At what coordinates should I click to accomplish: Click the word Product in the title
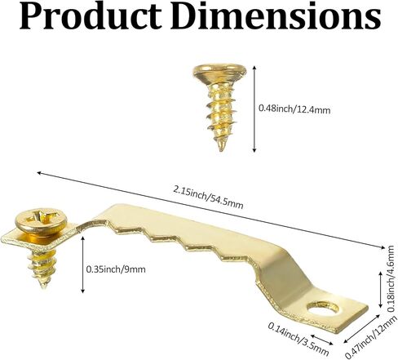[x=91, y=16]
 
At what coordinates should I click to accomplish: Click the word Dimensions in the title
[x=276, y=16]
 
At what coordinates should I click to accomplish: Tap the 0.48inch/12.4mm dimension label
[x=294, y=109]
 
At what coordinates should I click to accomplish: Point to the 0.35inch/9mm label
[x=116, y=269]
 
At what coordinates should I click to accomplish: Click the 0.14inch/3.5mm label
[x=298, y=339]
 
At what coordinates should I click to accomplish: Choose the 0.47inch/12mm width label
[x=370, y=337]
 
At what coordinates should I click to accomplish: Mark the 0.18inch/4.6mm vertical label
[x=391, y=278]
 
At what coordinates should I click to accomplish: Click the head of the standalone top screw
[x=219, y=69]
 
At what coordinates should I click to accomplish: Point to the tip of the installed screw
[x=43, y=287]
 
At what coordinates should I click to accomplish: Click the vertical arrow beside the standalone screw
[x=254, y=109]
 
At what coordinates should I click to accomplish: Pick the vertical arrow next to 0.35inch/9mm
[x=83, y=264]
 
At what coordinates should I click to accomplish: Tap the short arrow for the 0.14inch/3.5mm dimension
[x=321, y=340]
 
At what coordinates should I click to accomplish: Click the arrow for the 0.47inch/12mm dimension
[x=362, y=329]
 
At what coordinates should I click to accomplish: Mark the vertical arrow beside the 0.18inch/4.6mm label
[x=382, y=289]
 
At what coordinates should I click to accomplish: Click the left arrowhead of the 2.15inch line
[x=40, y=173]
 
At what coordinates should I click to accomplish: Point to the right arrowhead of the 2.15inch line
[x=383, y=247]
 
